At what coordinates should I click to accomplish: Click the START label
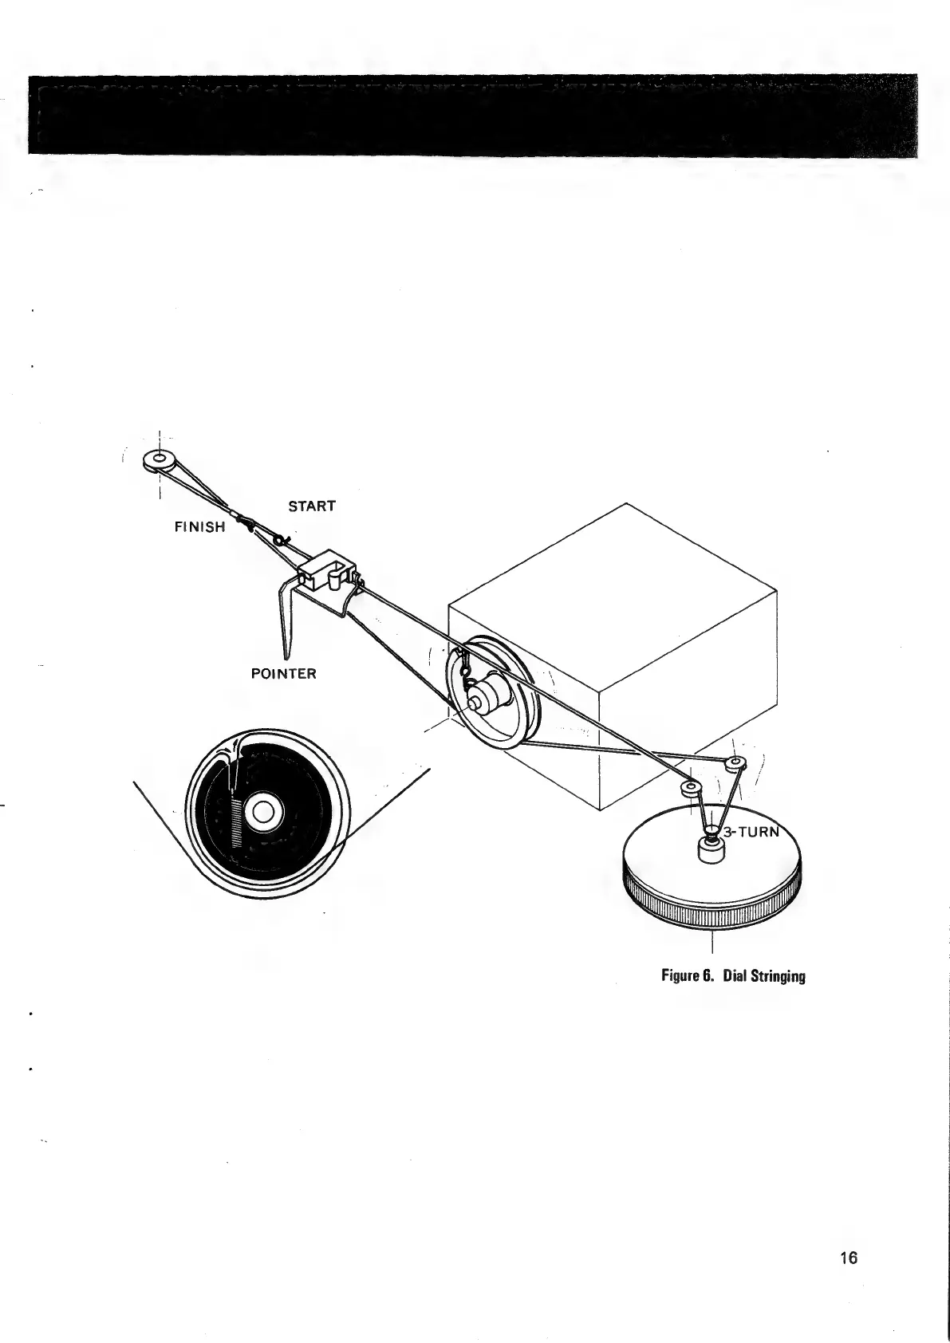[311, 506]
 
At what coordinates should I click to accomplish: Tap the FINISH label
[199, 527]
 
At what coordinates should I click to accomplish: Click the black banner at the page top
[474, 114]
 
